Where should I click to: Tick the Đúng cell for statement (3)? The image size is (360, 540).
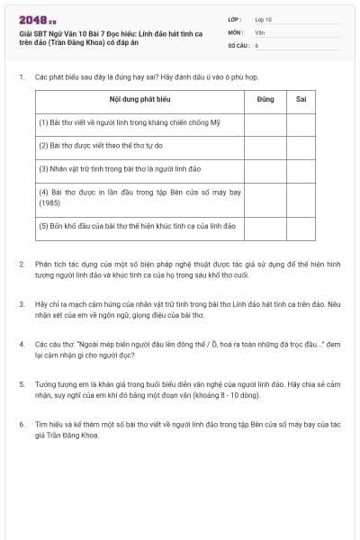pyautogui.click(x=265, y=167)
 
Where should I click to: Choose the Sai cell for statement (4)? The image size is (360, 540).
pyautogui.click(x=301, y=196)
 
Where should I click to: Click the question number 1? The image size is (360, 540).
pyautogui.click(x=21, y=77)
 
